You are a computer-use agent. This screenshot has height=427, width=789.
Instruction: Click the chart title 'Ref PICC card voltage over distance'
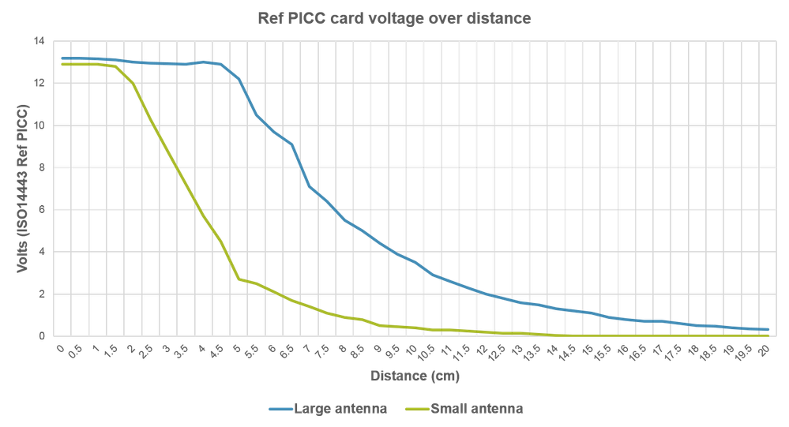point(394,18)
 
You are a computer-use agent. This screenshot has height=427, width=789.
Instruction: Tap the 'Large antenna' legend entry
point(327,409)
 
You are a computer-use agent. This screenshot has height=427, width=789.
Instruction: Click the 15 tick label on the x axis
point(588,350)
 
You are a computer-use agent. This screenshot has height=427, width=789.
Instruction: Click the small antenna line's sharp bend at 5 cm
point(239,279)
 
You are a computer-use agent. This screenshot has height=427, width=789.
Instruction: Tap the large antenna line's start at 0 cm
point(62,58)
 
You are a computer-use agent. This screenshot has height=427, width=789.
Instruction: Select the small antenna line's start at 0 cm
point(62,64)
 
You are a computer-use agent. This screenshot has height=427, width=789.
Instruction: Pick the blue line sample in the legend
point(280,409)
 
